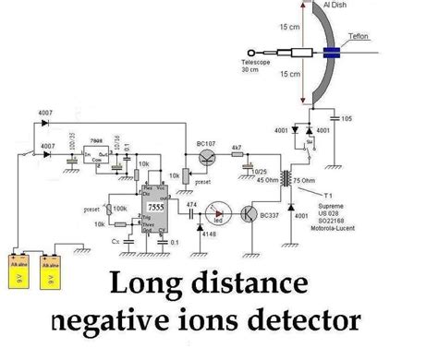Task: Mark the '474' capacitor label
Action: (x=191, y=202)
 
